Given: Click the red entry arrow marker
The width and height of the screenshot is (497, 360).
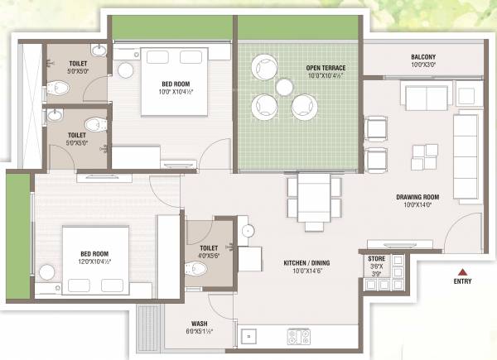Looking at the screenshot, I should tap(462, 271).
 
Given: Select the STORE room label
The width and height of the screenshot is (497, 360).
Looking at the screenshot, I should tap(375, 258).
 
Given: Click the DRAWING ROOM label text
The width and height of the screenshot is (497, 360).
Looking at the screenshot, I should tap(417, 197).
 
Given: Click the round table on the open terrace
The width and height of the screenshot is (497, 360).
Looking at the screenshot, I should tap(284, 87).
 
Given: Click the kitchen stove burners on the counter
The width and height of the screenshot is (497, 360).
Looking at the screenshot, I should tap(298, 336).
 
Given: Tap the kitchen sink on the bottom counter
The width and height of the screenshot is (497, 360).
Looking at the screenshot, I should tap(248, 336).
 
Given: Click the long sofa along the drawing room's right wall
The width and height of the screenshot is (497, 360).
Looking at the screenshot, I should tap(466, 157).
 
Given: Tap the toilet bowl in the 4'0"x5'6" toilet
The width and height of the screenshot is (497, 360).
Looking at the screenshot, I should tap(195, 270).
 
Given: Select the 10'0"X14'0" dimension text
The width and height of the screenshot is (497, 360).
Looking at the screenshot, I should tap(417, 205).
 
